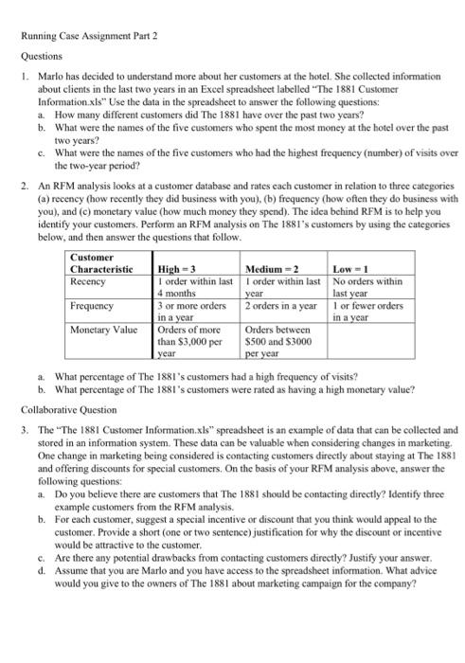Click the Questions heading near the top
pos(42,55)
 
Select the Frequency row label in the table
pos(92,306)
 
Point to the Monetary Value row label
pos(101,329)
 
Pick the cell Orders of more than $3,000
pos(189,340)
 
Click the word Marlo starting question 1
pos(49,73)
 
